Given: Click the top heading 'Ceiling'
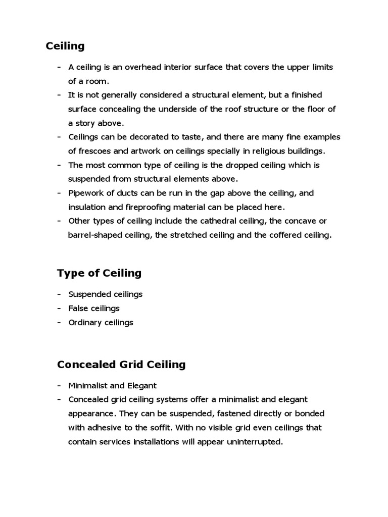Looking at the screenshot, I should coord(65,46).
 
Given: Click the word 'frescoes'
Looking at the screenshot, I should coord(93,151).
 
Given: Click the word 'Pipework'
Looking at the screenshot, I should coord(86,193).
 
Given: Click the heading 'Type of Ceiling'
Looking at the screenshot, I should coord(99,273).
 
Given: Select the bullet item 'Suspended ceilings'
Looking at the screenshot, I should coord(106,294).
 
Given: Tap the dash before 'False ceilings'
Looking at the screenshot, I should coord(60,308).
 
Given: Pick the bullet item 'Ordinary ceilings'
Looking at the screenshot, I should coord(101,322).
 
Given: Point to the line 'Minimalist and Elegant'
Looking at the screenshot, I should coord(113,386).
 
